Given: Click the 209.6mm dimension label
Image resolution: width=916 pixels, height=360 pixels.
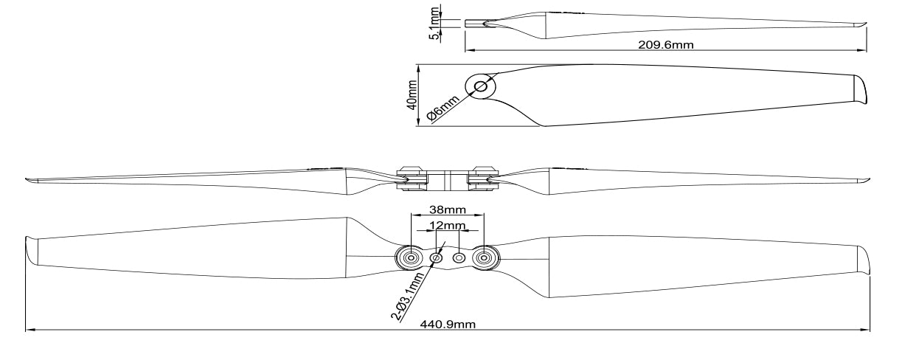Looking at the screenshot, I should click(x=665, y=45).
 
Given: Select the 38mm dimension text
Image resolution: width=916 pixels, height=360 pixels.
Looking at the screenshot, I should click(x=446, y=209).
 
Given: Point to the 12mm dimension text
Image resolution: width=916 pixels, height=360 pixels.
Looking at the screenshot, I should click(x=447, y=224).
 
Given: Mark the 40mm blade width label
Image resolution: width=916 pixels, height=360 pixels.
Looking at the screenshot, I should click(x=412, y=94).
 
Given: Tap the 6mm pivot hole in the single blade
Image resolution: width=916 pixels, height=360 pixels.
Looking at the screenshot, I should click(x=479, y=86).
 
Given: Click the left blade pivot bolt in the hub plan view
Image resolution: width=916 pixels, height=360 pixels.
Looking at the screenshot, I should click(x=409, y=257).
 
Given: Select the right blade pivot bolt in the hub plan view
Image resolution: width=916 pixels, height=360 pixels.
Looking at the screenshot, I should click(x=484, y=257).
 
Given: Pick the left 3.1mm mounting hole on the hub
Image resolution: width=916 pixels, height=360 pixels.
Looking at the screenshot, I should click(x=436, y=257).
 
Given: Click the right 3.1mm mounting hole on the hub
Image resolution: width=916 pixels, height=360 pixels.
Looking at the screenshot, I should click(x=459, y=257).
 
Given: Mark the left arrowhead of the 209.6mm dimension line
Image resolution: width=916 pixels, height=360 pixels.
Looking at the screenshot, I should click(x=468, y=51).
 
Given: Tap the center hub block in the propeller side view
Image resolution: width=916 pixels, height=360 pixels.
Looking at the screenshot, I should click(x=447, y=180).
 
